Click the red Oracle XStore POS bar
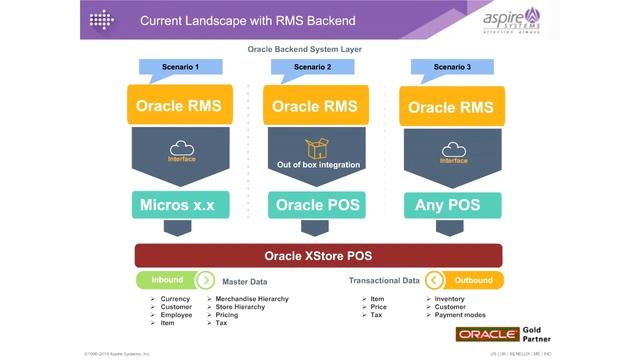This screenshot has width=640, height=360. click(319, 254)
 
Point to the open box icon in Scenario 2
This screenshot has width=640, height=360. click(317, 148)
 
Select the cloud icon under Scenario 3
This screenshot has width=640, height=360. click(453, 148)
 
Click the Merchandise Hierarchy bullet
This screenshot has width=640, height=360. click(251, 299)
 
